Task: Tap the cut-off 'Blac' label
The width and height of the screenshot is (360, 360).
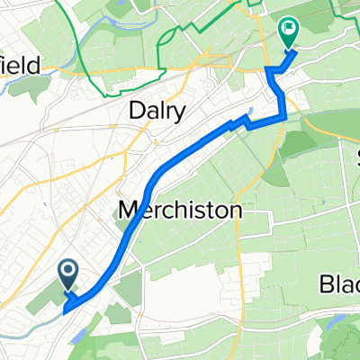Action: (340, 285)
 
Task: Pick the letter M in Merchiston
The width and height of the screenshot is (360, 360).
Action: (129, 211)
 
